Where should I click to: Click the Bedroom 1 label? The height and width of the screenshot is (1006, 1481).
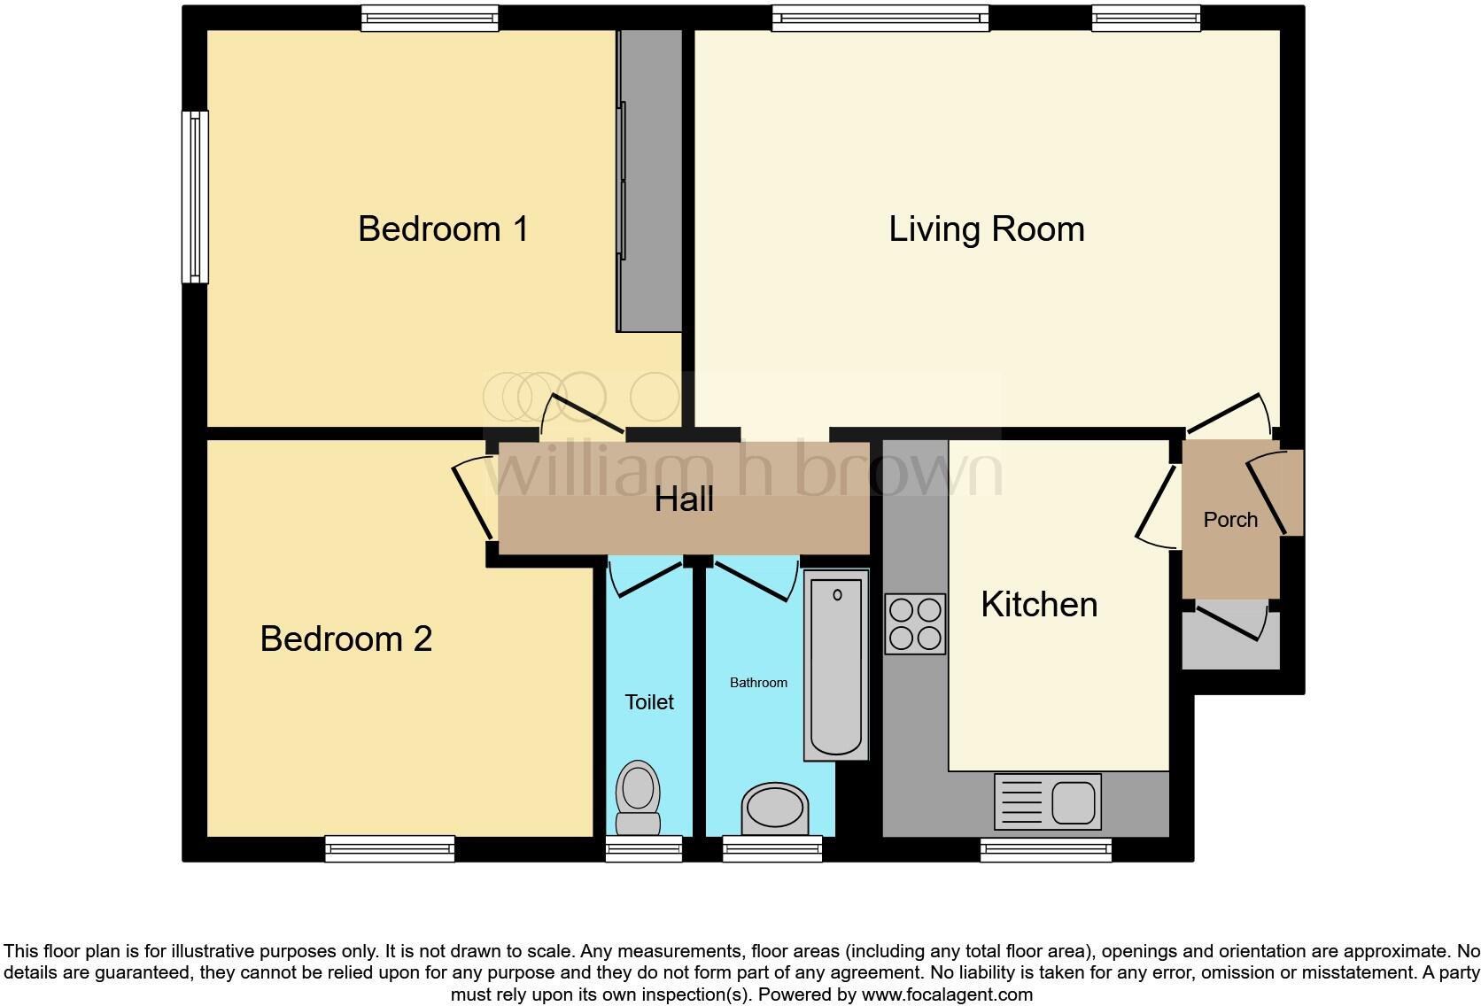(x=443, y=229)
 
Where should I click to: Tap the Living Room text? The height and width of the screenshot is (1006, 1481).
(x=987, y=229)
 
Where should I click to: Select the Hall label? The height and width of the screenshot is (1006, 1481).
(x=684, y=499)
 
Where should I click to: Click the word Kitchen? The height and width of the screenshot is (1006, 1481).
(x=1039, y=605)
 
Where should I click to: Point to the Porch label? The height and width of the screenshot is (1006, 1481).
(x=1230, y=520)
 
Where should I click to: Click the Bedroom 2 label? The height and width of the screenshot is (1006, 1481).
(x=345, y=638)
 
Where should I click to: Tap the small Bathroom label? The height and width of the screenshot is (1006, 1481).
(x=758, y=683)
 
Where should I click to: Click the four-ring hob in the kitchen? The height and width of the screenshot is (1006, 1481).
(x=915, y=623)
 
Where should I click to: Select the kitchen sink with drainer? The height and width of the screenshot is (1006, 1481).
(x=1047, y=801)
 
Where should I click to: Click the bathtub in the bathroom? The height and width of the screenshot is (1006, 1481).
(x=836, y=664)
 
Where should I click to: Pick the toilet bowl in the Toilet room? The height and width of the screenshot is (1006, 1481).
(x=638, y=797)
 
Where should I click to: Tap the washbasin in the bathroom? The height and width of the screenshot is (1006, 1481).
(x=775, y=808)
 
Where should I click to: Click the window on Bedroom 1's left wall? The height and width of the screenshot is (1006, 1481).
(x=195, y=197)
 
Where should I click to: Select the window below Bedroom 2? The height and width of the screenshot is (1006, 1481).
(x=390, y=849)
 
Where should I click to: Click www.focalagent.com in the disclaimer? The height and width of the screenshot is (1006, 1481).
(x=946, y=994)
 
